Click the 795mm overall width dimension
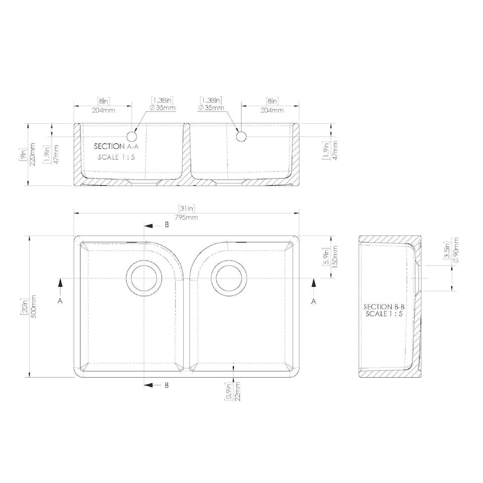click(186, 218)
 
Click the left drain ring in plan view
click(144, 278)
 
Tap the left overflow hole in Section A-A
click(132, 136)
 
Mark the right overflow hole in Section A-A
click(241, 136)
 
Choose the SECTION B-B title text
click(384, 307)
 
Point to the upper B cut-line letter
click(167, 225)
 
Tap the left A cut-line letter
click(60, 301)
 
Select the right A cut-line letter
click(314, 301)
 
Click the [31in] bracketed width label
click(186, 208)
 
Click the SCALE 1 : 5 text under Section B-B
click(384, 314)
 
